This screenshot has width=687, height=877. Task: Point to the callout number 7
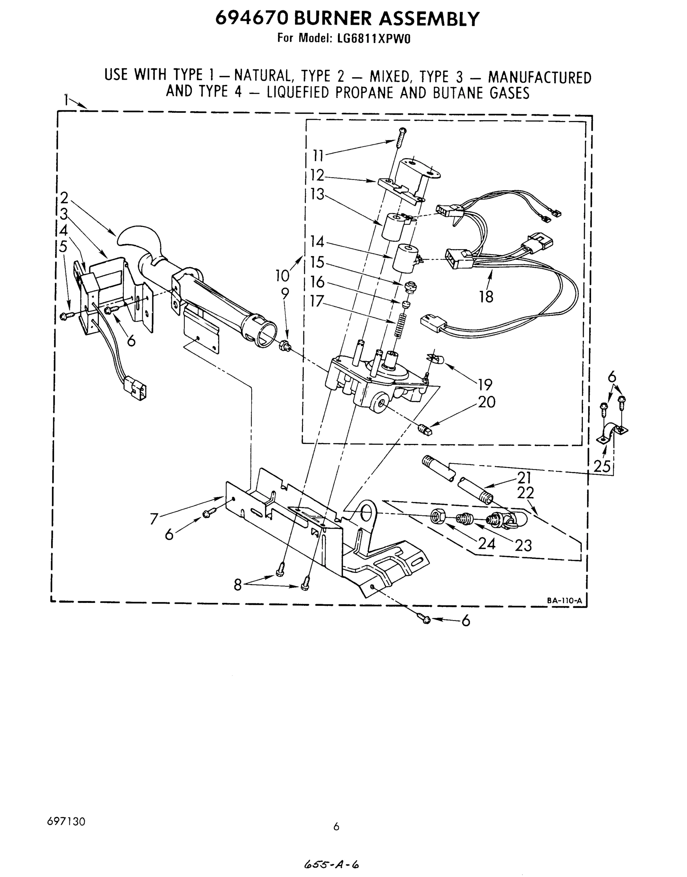pos(154,519)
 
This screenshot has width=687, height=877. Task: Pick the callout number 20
pos(486,402)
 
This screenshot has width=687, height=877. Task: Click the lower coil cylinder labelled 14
pos(406,260)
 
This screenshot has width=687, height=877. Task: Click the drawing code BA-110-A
pos(564,600)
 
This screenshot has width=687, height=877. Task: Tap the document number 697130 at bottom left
pos(66,821)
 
